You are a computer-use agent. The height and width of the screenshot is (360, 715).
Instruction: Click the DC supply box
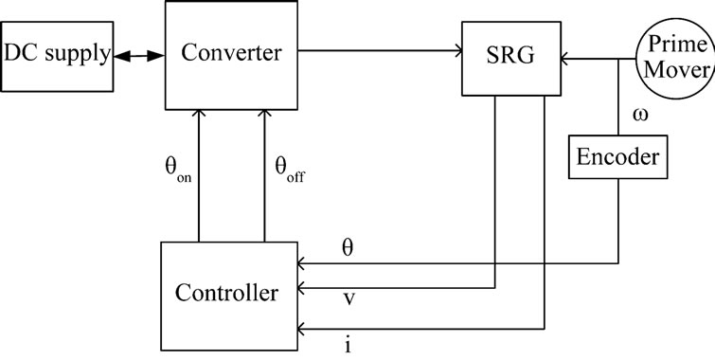coord(57,54)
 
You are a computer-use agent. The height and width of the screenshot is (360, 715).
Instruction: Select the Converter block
coord(232,54)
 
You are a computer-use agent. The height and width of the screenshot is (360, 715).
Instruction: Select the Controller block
coord(227,293)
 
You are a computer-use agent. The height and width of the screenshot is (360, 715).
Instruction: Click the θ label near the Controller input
coord(348,246)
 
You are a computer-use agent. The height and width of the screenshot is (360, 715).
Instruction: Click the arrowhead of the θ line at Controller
coord(302,262)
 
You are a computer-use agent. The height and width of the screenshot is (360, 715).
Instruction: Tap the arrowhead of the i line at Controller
coord(302,329)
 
